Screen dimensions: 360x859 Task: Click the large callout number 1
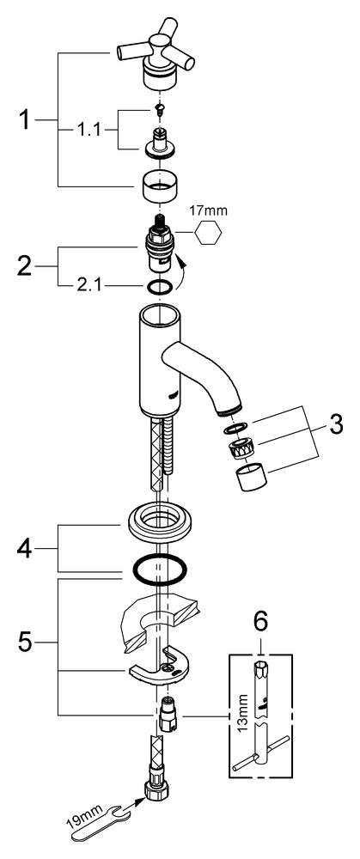[25, 119]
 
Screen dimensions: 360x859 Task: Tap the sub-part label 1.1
[88, 130]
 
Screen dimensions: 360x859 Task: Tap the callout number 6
[261, 621]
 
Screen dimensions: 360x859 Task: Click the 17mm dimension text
[207, 210]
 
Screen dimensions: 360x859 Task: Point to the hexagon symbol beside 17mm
[208, 233]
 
